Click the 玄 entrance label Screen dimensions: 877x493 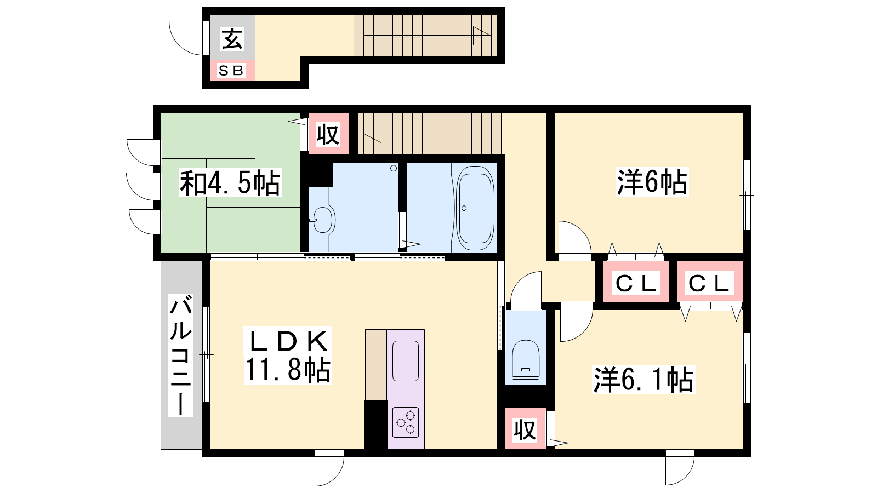pos(232,39)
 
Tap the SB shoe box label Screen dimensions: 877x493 pos(231,71)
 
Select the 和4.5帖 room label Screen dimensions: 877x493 pos(230,183)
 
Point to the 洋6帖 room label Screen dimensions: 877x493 pos(652,182)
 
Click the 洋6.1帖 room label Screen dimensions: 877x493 pos(643,379)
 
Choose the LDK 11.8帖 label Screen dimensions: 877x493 pos(288,356)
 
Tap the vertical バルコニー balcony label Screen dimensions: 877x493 pos(180,355)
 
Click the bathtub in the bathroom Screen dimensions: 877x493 pos(475,208)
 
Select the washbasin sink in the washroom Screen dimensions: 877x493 pos(323,220)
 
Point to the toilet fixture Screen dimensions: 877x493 pos(526,362)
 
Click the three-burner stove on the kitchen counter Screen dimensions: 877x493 pos(406,422)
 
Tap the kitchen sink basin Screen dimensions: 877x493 pos(406,361)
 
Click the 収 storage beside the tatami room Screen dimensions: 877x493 pos(328,134)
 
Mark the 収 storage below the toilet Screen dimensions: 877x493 pos(525,429)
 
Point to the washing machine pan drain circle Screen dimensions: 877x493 pos(394,168)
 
